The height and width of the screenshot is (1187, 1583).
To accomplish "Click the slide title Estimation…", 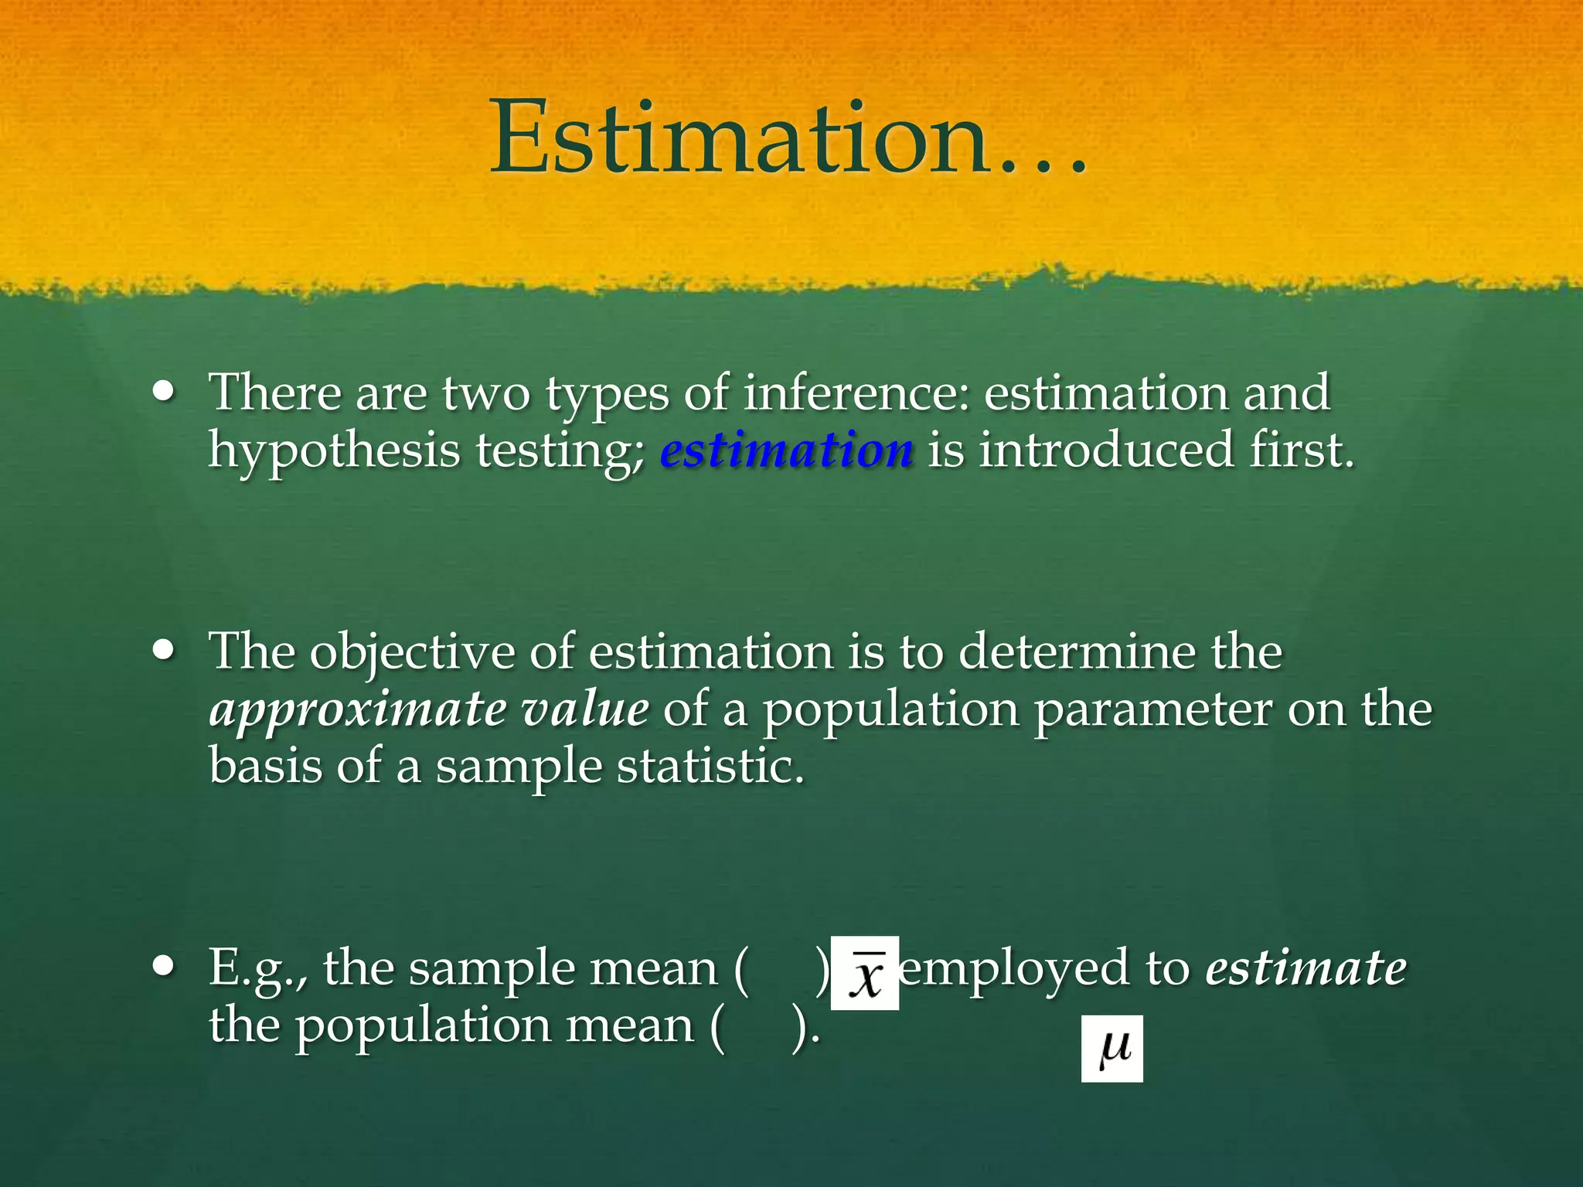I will coord(788,139).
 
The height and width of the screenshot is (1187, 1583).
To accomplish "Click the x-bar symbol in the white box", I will coord(865,974).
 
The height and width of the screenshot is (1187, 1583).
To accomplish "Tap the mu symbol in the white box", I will coord(1112,1049).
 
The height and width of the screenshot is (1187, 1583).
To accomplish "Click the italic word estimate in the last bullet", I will coord(1306,968).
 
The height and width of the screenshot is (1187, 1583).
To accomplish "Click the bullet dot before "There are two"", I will coord(163,391).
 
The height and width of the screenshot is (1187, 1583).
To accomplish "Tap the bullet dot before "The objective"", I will coord(163,650).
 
